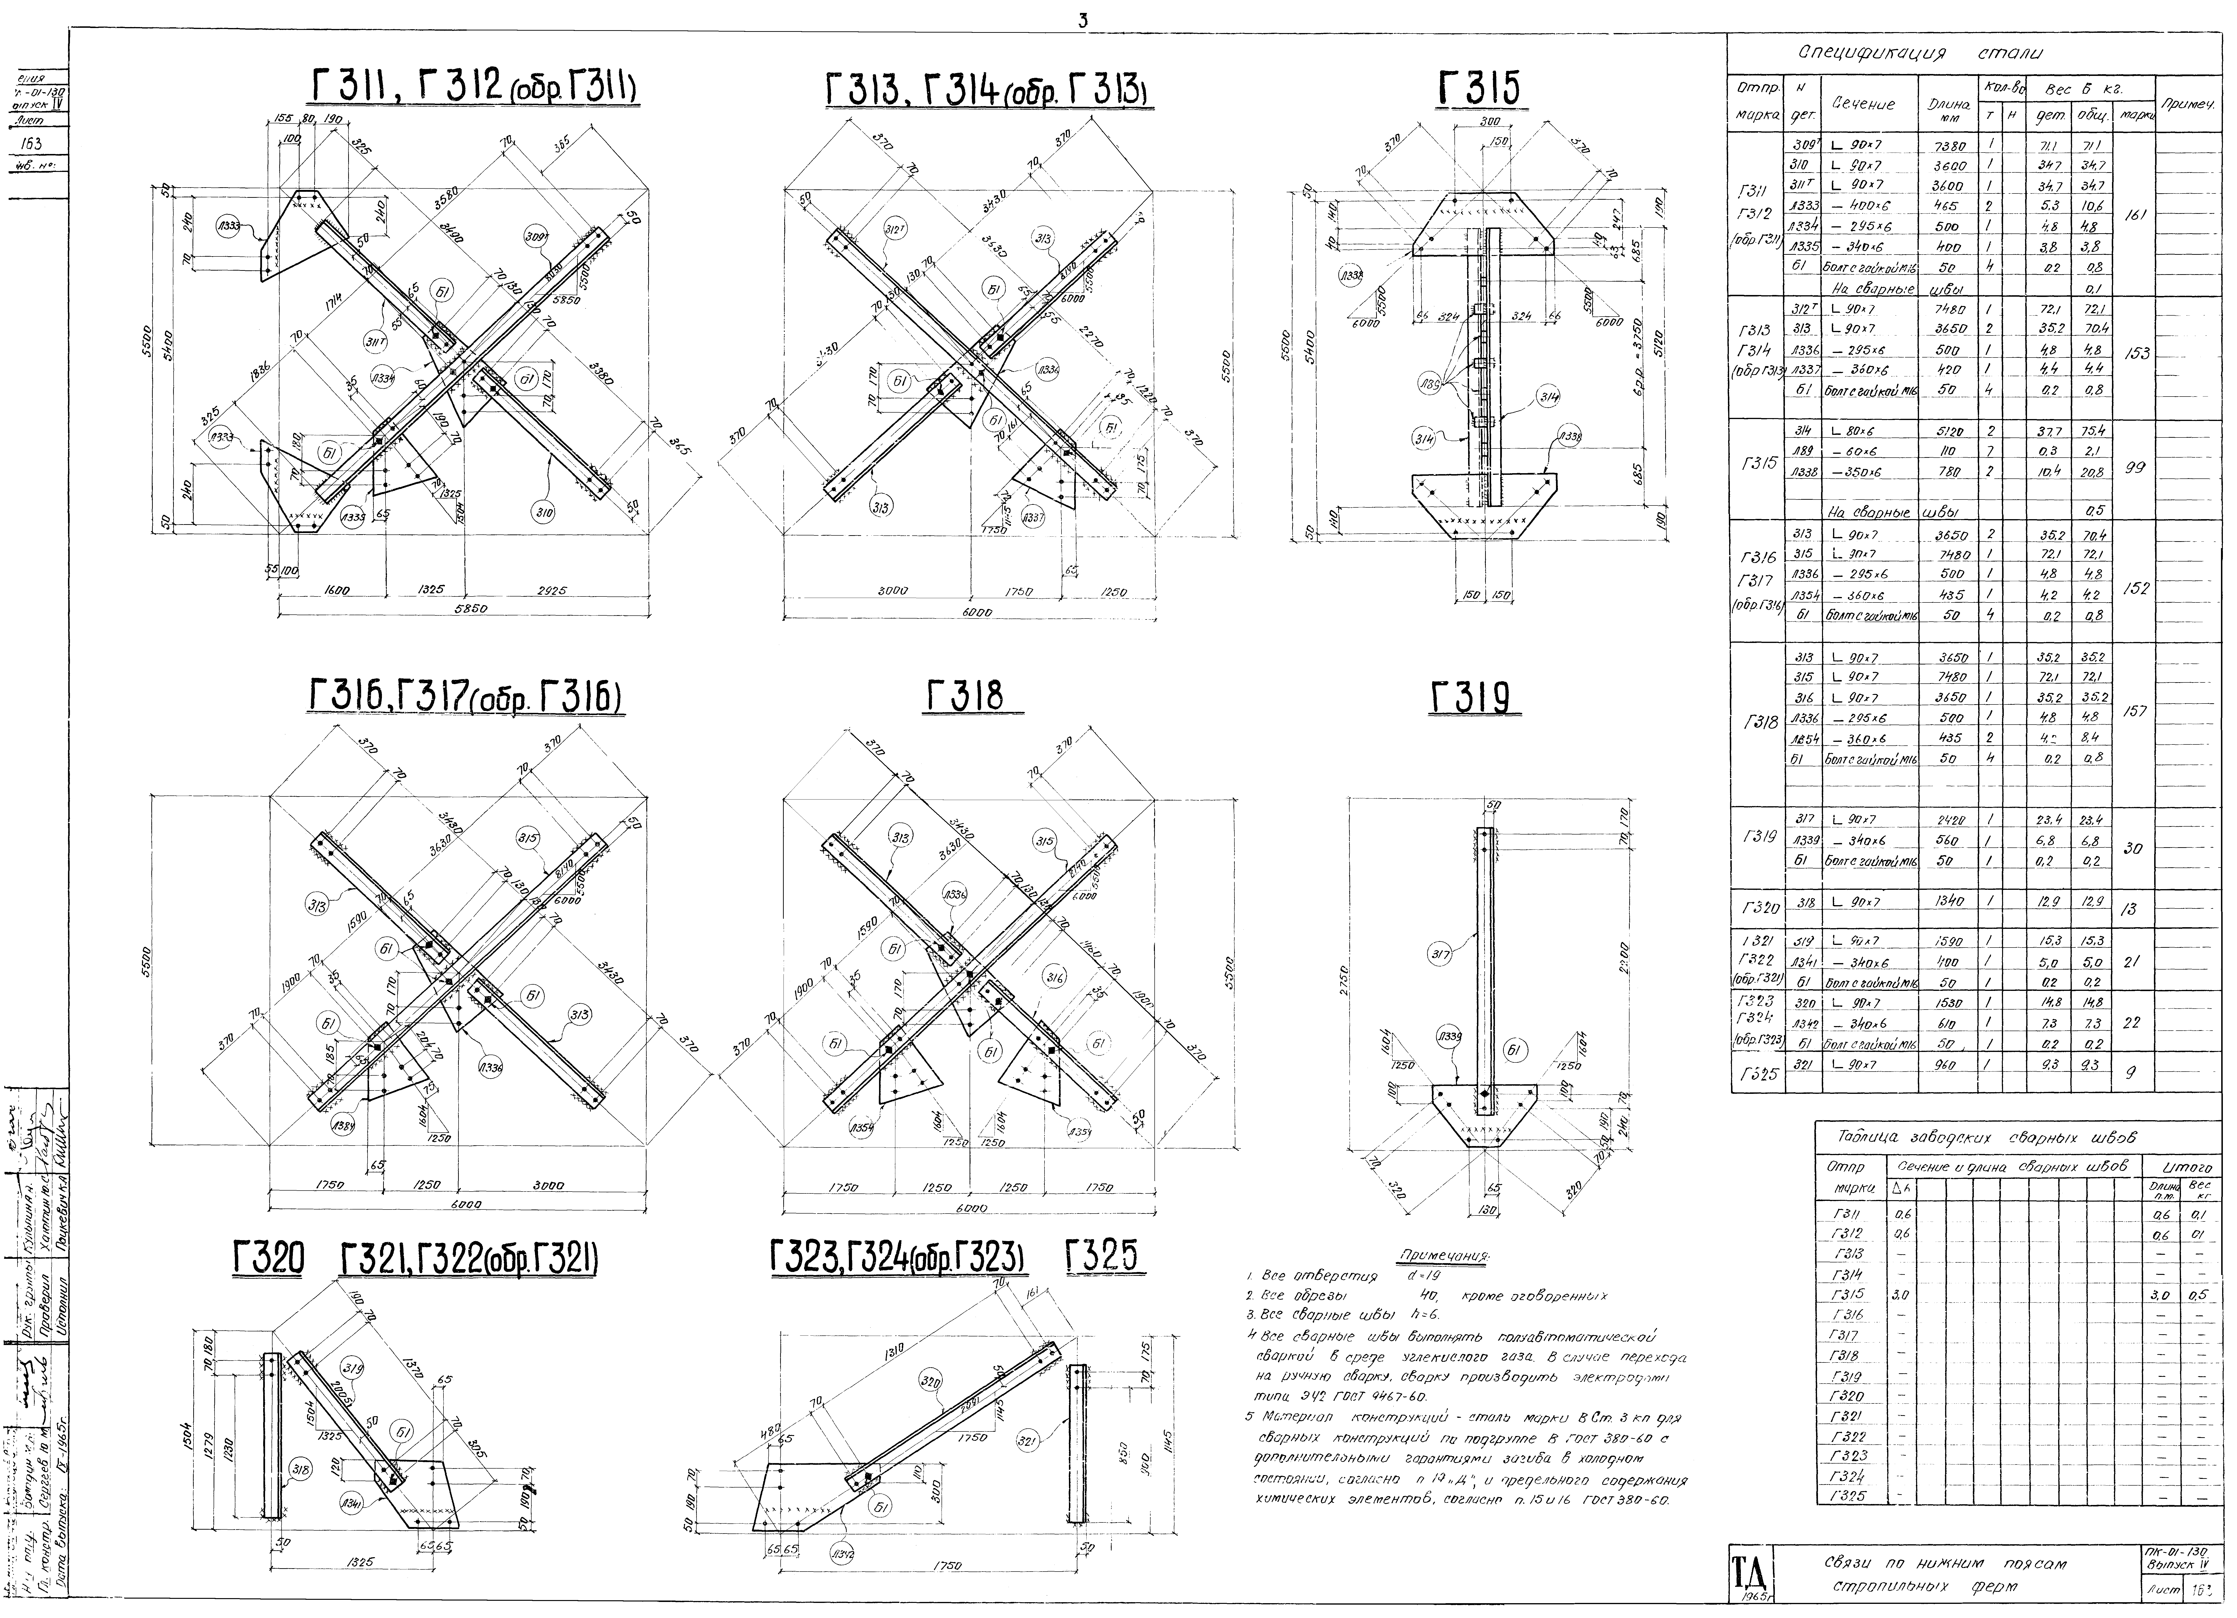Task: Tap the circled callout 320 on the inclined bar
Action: [929, 1379]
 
